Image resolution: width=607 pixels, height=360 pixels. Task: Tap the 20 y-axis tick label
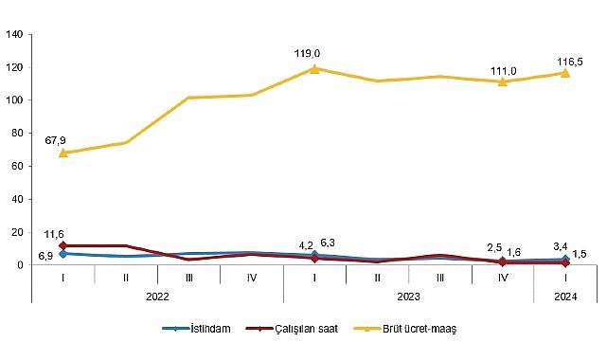(17, 232)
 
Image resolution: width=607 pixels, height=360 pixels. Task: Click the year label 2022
(158, 295)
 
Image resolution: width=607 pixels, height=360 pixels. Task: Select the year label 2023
(409, 295)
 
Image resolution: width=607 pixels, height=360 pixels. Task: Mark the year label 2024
(565, 295)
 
